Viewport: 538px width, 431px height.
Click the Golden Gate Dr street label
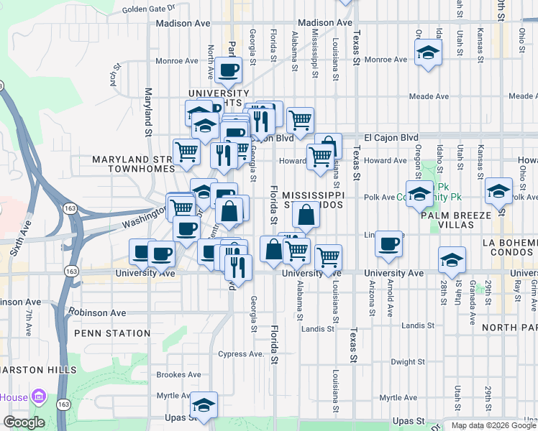[x=149, y=9]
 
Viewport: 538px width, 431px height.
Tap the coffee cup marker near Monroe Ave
[x=228, y=70]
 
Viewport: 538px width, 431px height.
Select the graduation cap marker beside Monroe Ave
[x=428, y=52]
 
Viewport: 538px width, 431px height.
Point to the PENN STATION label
[x=111, y=333]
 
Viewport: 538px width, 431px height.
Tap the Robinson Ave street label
[x=97, y=312]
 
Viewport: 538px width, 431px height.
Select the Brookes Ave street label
[x=179, y=374]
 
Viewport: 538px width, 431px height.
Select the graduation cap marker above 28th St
[x=452, y=260]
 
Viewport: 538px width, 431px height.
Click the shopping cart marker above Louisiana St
[x=329, y=256]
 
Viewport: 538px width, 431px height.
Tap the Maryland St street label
[x=148, y=111]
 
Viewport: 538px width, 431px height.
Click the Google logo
[x=24, y=422]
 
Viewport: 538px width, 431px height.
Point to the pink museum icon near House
[x=40, y=396]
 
